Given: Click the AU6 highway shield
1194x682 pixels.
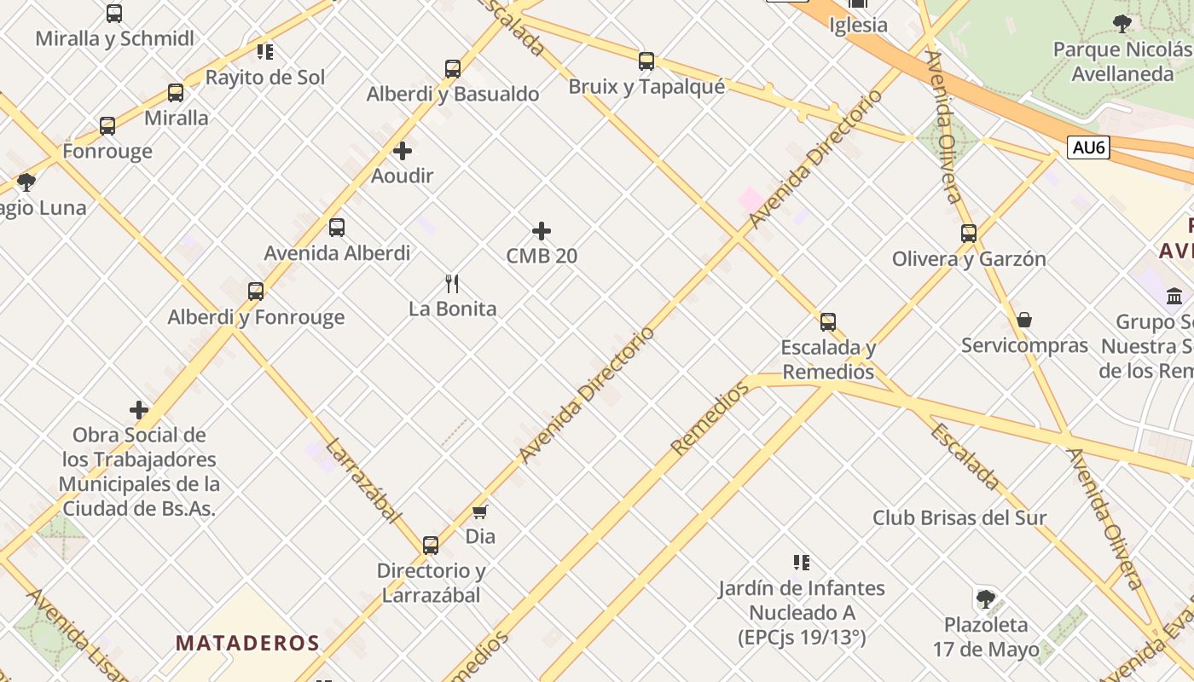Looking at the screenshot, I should (1088, 147).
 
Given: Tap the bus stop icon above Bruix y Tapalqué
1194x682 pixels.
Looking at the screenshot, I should (646, 61).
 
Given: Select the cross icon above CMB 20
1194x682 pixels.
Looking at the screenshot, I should (542, 231).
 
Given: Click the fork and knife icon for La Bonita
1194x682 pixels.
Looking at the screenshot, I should (453, 284).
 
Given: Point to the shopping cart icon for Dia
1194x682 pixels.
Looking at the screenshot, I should (480, 511).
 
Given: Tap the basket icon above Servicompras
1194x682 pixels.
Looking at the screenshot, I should (1024, 320).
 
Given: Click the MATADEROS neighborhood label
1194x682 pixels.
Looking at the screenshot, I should (247, 643).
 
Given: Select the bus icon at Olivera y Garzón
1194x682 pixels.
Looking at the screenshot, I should (969, 234).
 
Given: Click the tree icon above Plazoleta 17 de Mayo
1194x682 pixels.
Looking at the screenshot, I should (986, 598).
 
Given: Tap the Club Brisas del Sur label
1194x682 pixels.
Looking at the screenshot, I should (959, 517).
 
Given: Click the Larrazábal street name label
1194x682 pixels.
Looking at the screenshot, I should (362, 480).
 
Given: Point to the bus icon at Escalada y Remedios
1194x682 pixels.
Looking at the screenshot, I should (828, 322).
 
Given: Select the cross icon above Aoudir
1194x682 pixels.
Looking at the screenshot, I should (403, 152).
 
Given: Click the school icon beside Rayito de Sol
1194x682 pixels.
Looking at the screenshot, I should (265, 52).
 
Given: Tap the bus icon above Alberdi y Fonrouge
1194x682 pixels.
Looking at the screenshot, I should (256, 292).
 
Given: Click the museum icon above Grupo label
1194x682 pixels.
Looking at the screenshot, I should (1174, 297).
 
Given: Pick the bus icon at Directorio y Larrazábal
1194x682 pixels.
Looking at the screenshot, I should (431, 546).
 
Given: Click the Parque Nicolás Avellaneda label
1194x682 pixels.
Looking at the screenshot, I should (1122, 61).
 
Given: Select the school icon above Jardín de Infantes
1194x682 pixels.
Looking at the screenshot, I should (801, 563).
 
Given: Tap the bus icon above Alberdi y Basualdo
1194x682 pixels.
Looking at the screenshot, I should (453, 69).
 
